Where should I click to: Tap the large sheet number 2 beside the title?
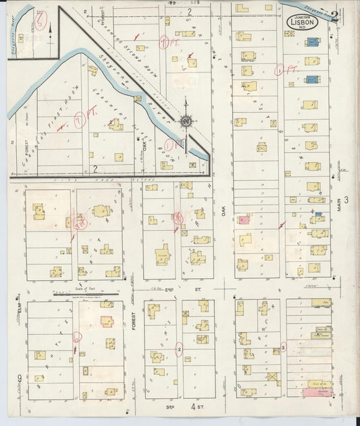coord(334,16)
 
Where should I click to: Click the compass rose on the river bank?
coord(186,122)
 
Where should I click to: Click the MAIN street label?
coord(342,207)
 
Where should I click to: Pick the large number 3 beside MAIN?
coord(345,199)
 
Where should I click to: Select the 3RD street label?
coord(171,407)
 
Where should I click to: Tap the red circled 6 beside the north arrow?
coord(42,22)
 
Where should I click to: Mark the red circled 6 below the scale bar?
coord(77,336)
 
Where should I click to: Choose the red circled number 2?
coord(179,348)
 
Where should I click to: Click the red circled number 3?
coord(283,347)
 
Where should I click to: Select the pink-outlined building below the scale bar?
coord(107,321)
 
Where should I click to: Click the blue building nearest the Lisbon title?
coord(311,42)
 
